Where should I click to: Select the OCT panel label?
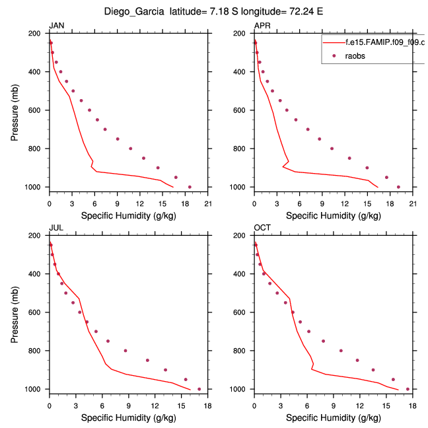tap(262, 228)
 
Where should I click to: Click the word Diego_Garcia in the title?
tap(135, 11)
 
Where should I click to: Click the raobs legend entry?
tap(355, 56)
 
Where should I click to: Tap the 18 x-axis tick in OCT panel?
tap(412, 406)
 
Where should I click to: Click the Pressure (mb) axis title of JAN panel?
tap(15, 110)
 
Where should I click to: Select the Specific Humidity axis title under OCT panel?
tap(333, 417)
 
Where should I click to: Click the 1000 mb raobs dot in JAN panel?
tap(190, 187)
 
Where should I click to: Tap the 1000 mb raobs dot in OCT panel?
tap(408, 389)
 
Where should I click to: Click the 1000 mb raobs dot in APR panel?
tap(398, 187)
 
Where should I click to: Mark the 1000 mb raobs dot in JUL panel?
tap(199, 389)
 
